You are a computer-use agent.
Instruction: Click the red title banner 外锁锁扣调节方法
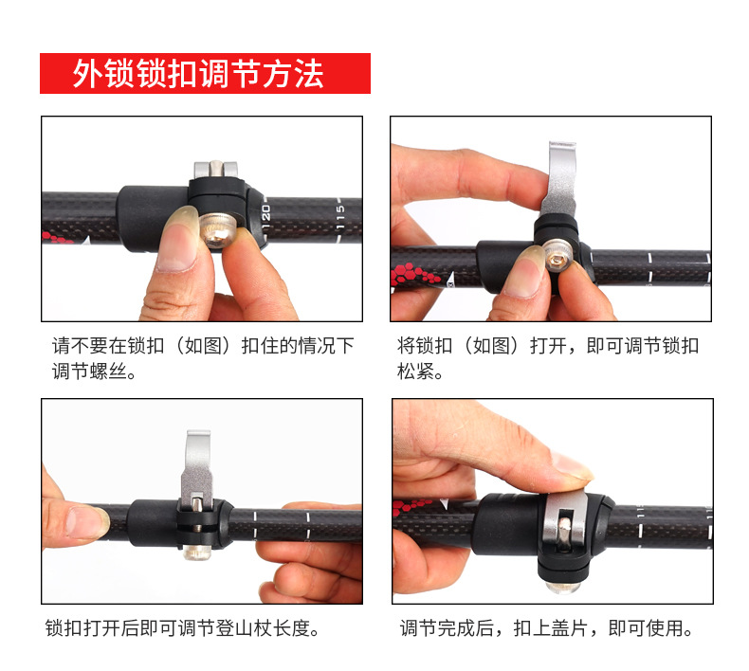pos(205,73)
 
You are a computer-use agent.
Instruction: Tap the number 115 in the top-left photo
pos(340,216)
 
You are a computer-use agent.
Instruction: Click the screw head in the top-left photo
pos(216,231)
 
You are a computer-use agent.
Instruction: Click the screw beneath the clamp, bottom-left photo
pos(197,553)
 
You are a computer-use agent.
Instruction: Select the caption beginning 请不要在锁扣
pos(203,358)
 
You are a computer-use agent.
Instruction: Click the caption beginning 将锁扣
pos(548,358)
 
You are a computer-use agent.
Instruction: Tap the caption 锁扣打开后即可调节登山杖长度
pos(182,628)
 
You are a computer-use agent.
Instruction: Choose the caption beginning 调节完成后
pos(546,628)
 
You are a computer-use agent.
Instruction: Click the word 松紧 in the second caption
pos(415,372)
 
